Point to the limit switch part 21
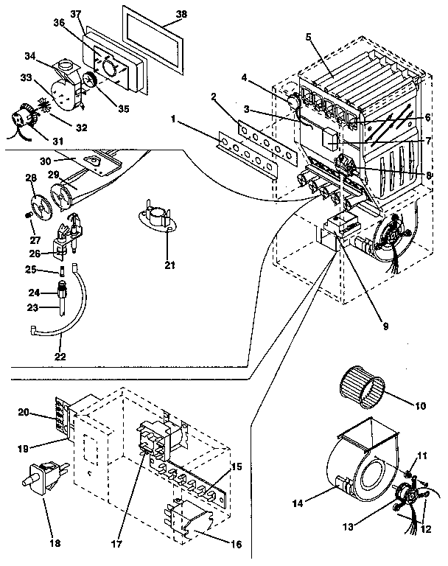[158, 217]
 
